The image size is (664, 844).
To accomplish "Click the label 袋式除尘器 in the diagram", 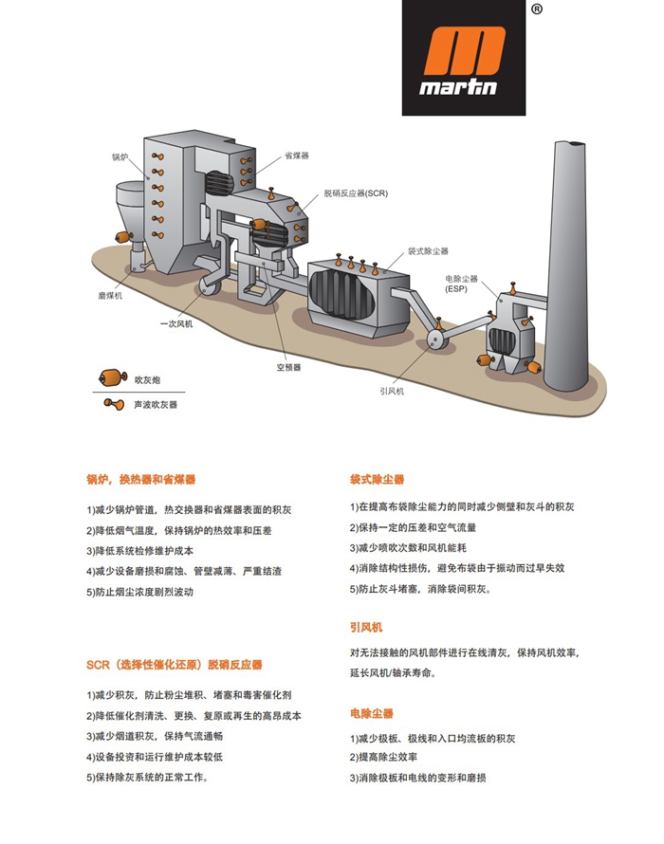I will coord(428,251).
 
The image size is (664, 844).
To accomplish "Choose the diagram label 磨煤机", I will coord(111,296).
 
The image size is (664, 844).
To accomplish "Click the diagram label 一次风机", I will coord(176,324).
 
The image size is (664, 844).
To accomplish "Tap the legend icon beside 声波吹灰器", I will coord(114,405).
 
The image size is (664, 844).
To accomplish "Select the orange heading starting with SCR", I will coord(175,665).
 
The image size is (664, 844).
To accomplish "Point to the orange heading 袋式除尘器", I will coord(377,480).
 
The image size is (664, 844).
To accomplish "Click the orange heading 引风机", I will coord(366,628).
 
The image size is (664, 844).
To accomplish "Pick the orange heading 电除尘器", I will coord(371,713).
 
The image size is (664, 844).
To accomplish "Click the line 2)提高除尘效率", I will coord(387,758).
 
